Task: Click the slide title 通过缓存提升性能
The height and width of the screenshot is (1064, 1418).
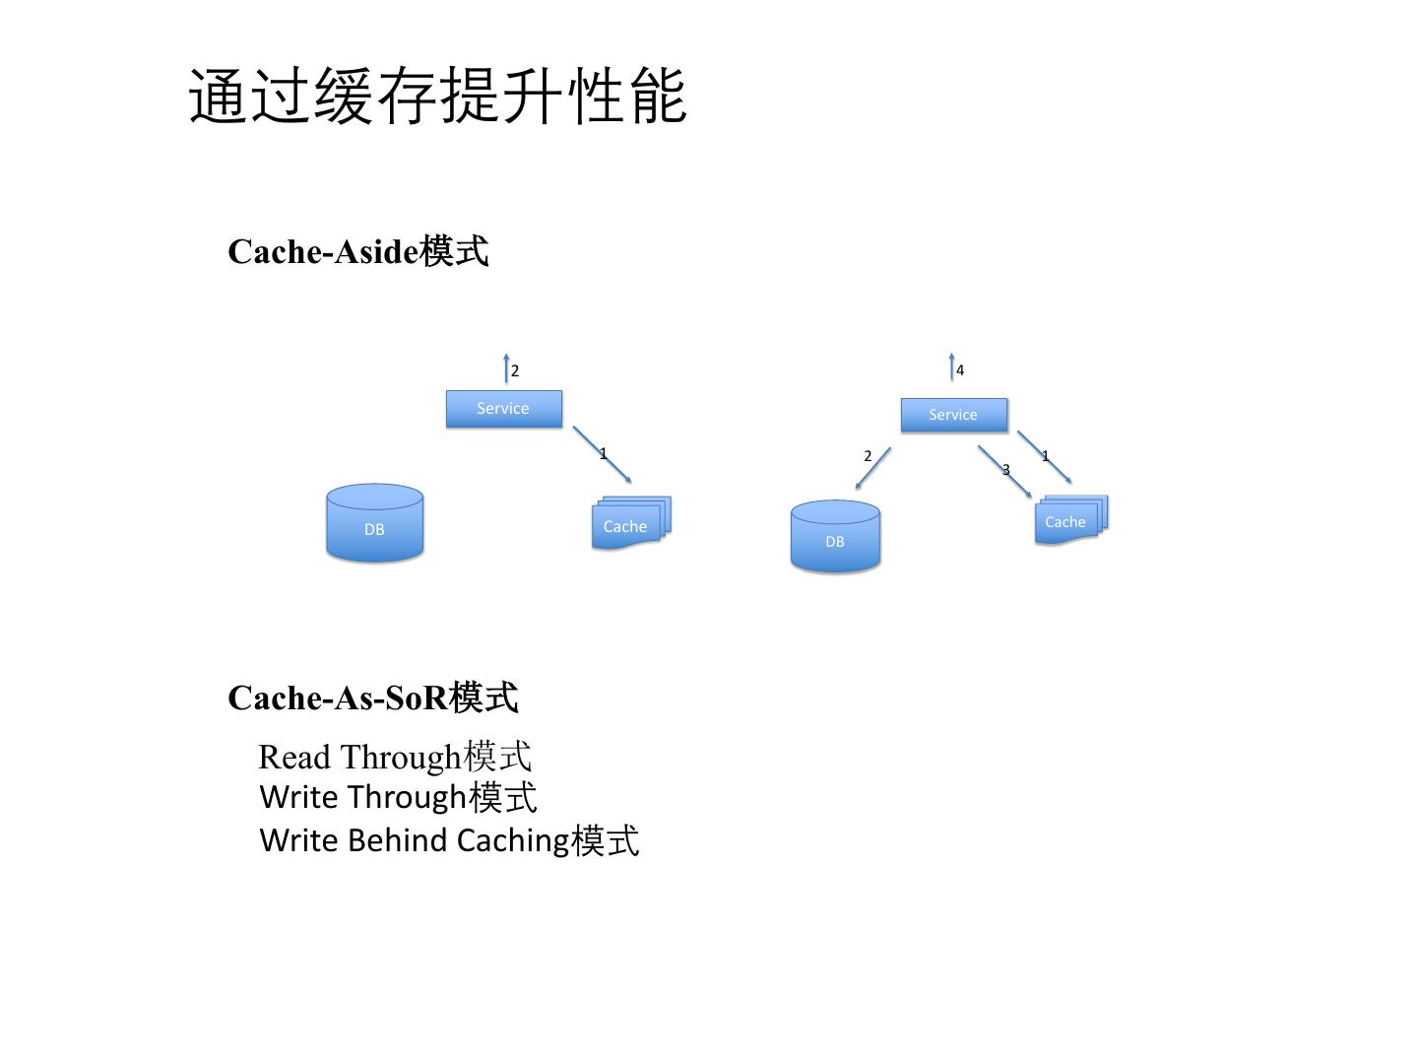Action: [x=437, y=97]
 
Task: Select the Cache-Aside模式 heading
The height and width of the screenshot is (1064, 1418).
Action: [x=357, y=251]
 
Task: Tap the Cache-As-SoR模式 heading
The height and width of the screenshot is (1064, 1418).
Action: [x=372, y=698]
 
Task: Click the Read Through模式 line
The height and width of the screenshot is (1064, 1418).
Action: [x=394, y=757]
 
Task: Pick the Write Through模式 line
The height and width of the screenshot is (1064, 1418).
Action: [x=398, y=796]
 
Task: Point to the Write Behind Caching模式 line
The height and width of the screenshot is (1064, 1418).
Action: [x=449, y=840]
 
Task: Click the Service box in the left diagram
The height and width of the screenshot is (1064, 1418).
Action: [x=503, y=409]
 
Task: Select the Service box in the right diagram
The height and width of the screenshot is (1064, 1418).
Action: [x=953, y=415]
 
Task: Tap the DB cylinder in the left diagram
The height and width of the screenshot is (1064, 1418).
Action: [x=374, y=523]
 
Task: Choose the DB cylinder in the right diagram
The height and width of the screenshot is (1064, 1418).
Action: [x=835, y=536]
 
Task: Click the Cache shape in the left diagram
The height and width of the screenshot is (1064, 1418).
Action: [x=628, y=524]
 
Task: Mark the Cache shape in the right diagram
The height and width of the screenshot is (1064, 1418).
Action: [x=1068, y=520]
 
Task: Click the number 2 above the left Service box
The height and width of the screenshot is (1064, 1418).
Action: [x=515, y=371]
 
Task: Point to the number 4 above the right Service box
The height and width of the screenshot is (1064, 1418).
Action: [x=960, y=370]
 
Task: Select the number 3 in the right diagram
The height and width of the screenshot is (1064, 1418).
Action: [x=1005, y=470]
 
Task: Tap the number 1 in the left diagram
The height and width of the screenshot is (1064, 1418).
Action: [x=603, y=454]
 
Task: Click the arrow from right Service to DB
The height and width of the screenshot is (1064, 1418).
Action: [x=873, y=468]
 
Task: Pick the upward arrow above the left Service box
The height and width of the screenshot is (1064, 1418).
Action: [x=506, y=367]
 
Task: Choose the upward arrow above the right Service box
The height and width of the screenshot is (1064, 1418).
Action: [x=951, y=366]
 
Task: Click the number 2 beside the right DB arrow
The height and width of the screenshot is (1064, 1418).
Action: [x=868, y=456]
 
